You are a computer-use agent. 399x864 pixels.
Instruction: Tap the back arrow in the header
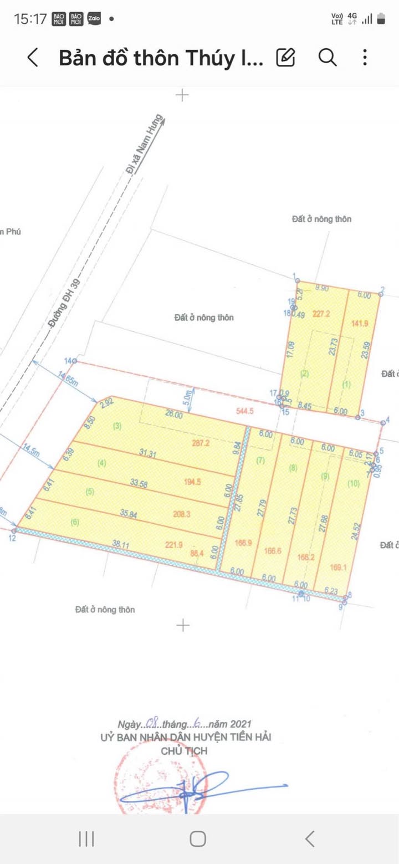(33, 58)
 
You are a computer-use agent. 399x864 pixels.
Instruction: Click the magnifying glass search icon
(328, 57)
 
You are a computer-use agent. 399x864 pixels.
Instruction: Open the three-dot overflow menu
(365, 57)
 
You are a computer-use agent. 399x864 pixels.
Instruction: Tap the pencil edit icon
(285, 57)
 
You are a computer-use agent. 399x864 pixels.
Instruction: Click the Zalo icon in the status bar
(94, 19)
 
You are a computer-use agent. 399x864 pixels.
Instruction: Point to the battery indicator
(381, 19)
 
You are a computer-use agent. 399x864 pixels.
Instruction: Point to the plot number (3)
(117, 426)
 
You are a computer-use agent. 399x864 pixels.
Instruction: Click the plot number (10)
(354, 483)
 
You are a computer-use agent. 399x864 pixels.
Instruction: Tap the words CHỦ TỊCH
(183, 751)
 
